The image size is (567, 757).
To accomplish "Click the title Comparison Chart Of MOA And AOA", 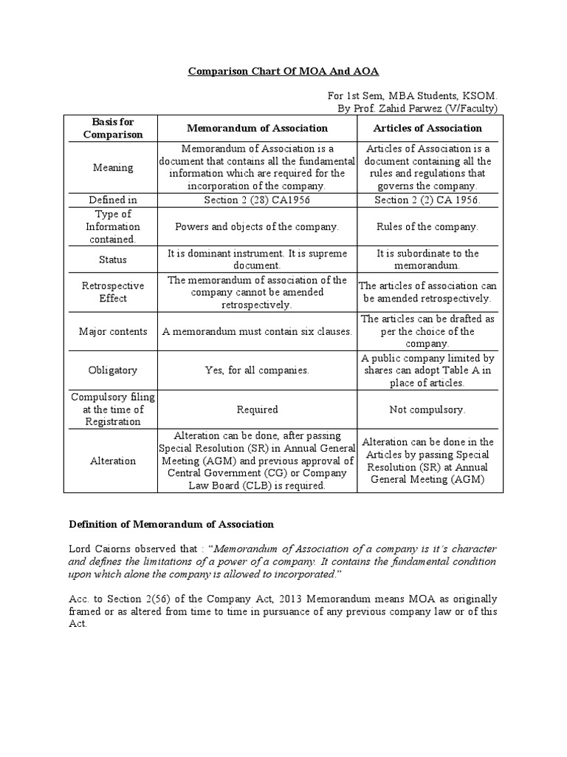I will tap(283, 72).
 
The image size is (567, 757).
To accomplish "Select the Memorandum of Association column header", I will tap(256, 128).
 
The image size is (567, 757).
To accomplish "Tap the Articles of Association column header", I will tap(427, 128).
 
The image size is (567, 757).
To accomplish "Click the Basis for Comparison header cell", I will tap(113, 128).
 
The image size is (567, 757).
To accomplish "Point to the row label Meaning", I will tap(113, 167).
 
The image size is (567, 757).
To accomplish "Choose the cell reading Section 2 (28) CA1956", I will tap(256, 200).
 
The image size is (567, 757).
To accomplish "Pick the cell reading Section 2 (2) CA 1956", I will tap(427, 200).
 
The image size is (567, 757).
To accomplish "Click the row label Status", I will tap(113, 259).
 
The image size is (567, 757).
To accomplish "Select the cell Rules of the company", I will tap(427, 226).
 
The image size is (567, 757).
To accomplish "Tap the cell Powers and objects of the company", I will tap(256, 226).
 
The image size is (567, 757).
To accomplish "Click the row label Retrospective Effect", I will tap(113, 292).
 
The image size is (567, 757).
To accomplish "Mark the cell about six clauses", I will tap(256, 332).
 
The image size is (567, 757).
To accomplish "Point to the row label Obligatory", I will tap(113, 370).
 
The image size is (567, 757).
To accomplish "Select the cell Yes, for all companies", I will tap(256, 370).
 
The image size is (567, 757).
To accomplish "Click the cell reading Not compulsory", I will tap(427, 409).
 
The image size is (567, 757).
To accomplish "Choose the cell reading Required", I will tap(256, 409).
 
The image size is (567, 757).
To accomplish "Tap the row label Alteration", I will tap(113, 461).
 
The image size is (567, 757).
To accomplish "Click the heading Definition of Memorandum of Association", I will tap(171, 524).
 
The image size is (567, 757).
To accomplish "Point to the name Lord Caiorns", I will tap(102, 549).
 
